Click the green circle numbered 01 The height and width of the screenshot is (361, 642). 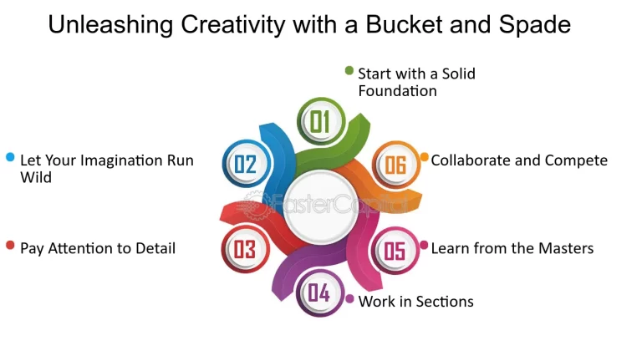321,121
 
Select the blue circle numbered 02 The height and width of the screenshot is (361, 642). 246,164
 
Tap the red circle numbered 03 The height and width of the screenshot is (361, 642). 245,249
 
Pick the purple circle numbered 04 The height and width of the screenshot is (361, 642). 320,292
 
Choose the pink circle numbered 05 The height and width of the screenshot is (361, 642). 395,250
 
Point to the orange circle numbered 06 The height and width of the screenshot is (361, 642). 396,165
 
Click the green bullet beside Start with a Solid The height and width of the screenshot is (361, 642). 349,71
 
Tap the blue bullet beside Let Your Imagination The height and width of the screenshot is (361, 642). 10,157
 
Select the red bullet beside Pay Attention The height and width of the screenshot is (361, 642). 10,245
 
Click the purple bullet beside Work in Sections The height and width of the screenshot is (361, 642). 349,299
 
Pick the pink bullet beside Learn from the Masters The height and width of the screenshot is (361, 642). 424,245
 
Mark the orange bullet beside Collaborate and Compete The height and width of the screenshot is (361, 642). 425,157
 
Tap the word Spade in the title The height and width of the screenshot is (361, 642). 535,25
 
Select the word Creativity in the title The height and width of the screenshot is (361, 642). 233,25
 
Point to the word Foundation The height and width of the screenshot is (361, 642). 398,91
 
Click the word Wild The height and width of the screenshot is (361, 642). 36,178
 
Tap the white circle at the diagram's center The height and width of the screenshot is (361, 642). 321,206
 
